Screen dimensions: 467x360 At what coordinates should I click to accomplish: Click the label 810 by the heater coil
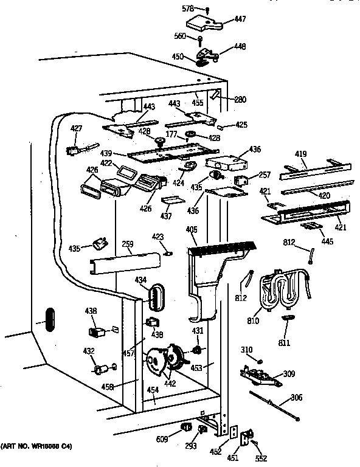click(253, 320)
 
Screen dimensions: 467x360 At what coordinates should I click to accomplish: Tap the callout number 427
click(76, 128)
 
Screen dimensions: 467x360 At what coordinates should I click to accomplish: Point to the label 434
click(141, 279)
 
